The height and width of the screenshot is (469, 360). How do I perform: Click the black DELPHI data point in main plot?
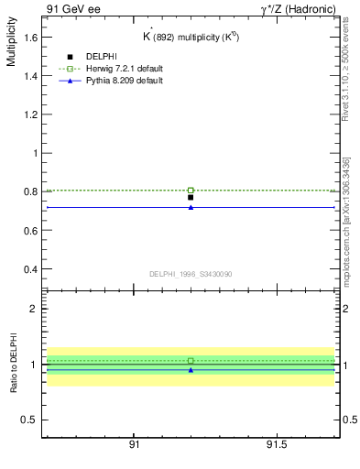(191, 197)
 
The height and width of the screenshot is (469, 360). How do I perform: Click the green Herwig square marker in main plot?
(191, 191)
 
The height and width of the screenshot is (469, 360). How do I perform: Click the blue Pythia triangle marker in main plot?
(191, 207)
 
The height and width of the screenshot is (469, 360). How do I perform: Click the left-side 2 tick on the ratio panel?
(33, 309)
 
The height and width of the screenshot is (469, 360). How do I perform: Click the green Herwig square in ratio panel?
(191, 361)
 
